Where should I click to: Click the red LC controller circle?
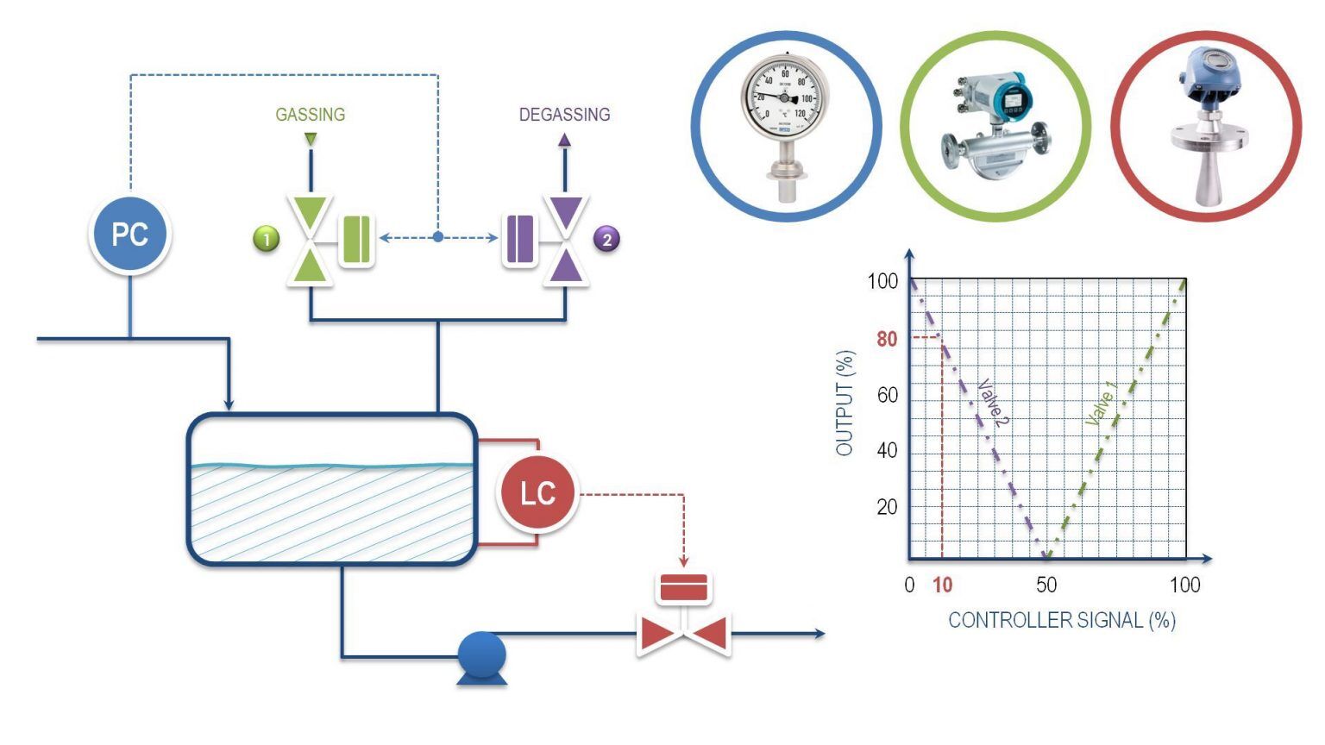537,493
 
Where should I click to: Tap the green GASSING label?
310,115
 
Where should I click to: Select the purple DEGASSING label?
564,115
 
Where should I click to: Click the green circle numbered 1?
267,239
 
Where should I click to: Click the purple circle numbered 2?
606,239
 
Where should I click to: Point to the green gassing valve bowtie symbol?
310,240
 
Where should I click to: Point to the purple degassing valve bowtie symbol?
565,240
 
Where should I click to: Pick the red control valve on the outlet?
683,634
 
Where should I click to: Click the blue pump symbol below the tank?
481,657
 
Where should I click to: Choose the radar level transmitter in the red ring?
1205,125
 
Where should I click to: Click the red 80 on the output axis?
887,339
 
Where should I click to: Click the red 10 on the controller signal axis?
942,585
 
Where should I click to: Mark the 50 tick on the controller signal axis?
1046,585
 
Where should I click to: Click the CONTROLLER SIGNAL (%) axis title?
1061,620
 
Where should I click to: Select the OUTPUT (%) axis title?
845,403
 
